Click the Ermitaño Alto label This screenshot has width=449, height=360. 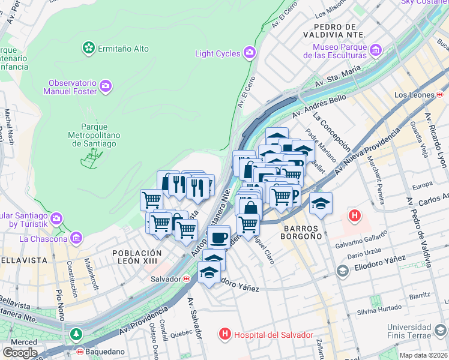pos(124,47)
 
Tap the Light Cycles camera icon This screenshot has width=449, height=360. pos(250,53)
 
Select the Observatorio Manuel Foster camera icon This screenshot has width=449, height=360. pos(106,86)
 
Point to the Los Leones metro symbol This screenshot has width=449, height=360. pos(440,95)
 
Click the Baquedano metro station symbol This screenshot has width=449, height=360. pos(79,352)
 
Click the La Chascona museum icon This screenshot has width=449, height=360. pos(76,239)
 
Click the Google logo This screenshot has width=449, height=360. pos(20,352)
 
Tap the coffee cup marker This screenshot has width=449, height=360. pos(220,236)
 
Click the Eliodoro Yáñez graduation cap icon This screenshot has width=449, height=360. pos(342,271)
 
